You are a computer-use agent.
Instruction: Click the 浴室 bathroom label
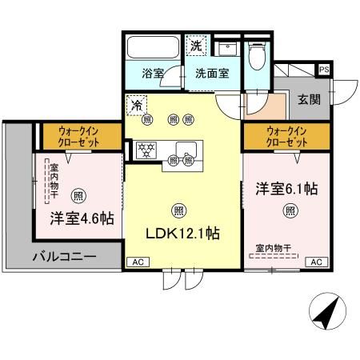coord(154,73)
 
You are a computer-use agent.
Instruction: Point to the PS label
coord(324,70)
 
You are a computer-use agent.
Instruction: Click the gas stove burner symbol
coord(146,148)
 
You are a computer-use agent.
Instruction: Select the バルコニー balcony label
coord(64,258)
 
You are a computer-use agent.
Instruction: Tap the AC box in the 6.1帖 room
coord(316,262)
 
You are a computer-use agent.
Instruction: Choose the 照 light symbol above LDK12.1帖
coord(177,211)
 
